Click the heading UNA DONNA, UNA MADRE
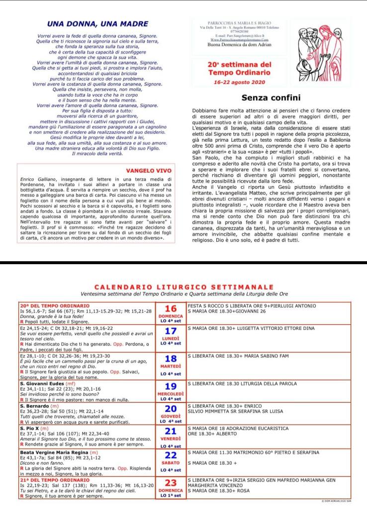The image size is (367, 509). click(97, 23)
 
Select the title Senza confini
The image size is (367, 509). click(271, 98)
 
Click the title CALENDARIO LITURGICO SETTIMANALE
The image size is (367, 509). click(184, 287)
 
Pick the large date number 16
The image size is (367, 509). click(171, 308)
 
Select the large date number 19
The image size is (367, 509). click(171, 386)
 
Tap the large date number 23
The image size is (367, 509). click(171, 483)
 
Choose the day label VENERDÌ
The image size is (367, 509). click(171, 439)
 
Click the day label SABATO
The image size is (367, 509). click(171, 462)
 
